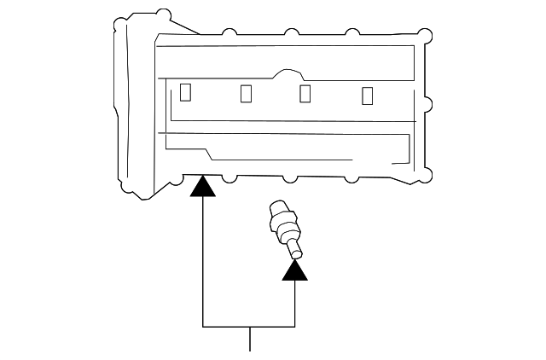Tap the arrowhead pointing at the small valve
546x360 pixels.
click(x=295, y=270)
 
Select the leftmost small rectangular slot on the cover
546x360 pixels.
click(x=185, y=90)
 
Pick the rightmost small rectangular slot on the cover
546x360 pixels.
click(x=368, y=96)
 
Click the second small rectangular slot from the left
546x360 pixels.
click(x=247, y=92)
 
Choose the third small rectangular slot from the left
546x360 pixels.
click(x=305, y=92)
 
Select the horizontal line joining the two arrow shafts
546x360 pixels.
click(x=248, y=327)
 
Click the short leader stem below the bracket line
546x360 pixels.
click(x=249, y=339)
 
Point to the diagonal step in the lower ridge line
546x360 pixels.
click(x=209, y=153)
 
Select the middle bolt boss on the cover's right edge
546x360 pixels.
click(x=427, y=106)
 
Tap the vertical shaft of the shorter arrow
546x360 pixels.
click(x=295, y=303)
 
